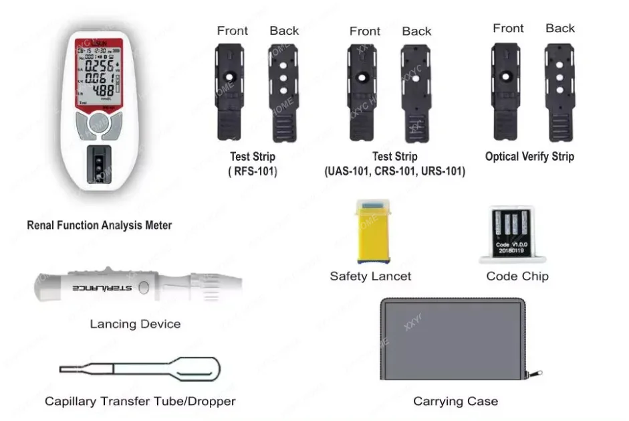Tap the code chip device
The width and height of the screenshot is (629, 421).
(513, 234)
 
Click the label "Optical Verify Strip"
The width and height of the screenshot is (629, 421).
(529, 157)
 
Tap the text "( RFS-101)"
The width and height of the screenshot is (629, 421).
(253, 171)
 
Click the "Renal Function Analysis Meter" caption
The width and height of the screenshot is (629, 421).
(99, 226)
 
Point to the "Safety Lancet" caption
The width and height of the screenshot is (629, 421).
(370, 276)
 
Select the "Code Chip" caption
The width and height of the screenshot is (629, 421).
(517, 276)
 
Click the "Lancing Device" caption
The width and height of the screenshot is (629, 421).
(135, 324)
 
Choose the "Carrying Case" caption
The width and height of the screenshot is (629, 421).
(455, 402)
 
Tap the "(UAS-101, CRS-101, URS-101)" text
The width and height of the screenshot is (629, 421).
(394, 171)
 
